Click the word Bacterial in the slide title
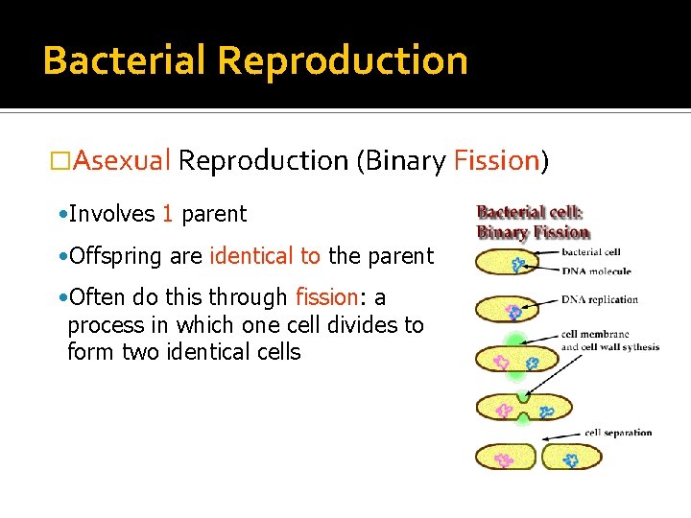pos(126,60)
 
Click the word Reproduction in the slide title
pos(343,60)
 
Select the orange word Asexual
pos(122,160)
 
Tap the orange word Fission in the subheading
pos(497,160)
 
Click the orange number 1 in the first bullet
pos(167,214)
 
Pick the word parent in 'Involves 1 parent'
pos(213,215)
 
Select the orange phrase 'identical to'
pos(265,256)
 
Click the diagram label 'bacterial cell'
pos(591,253)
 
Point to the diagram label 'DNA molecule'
pos(596,271)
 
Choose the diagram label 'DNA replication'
pos(600,299)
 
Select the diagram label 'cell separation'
pos(618,433)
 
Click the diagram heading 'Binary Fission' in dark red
pos(534,232)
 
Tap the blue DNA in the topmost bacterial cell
pos(519,264)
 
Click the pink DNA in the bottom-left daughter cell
pos(503,458)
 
